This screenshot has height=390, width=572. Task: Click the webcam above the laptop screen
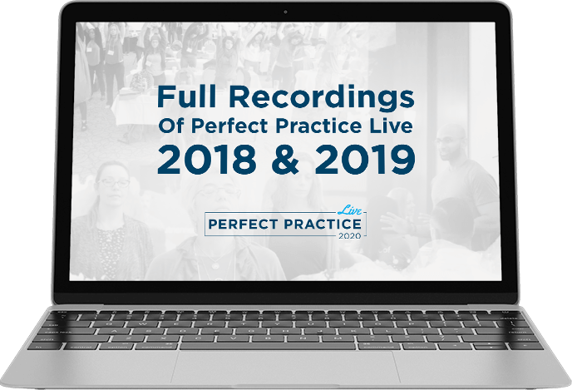(285, 12)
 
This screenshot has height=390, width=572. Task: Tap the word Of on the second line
(172, 126)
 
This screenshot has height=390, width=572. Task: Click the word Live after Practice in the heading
(390, 126)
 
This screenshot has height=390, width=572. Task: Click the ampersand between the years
(286, 160)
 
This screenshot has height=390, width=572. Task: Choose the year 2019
(365, 160)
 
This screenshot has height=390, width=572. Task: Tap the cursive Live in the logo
(349, 210)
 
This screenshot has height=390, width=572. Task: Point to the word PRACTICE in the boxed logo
(323, 224)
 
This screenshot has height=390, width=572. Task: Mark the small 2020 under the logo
(349, 235)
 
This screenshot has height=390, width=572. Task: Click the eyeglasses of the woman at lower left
(113, 182)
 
